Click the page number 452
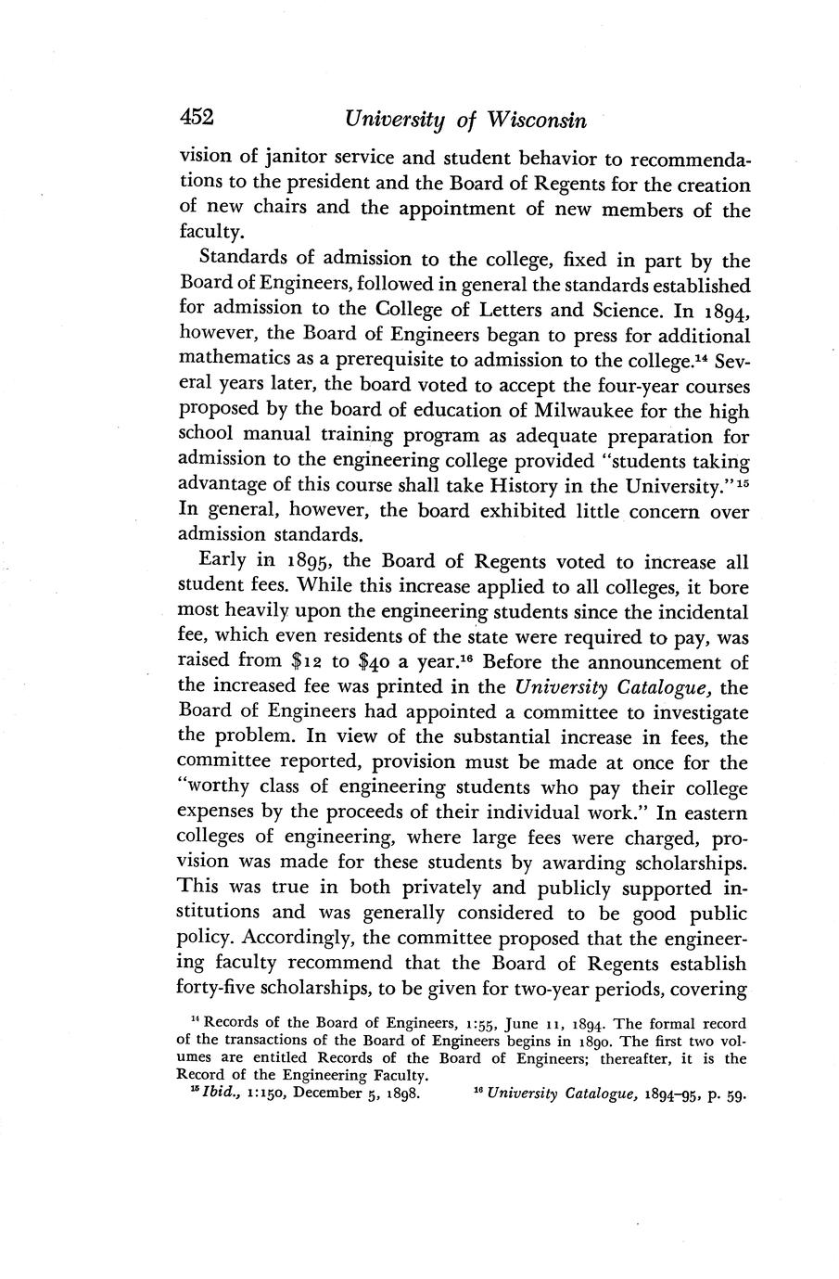click(197, 118)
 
